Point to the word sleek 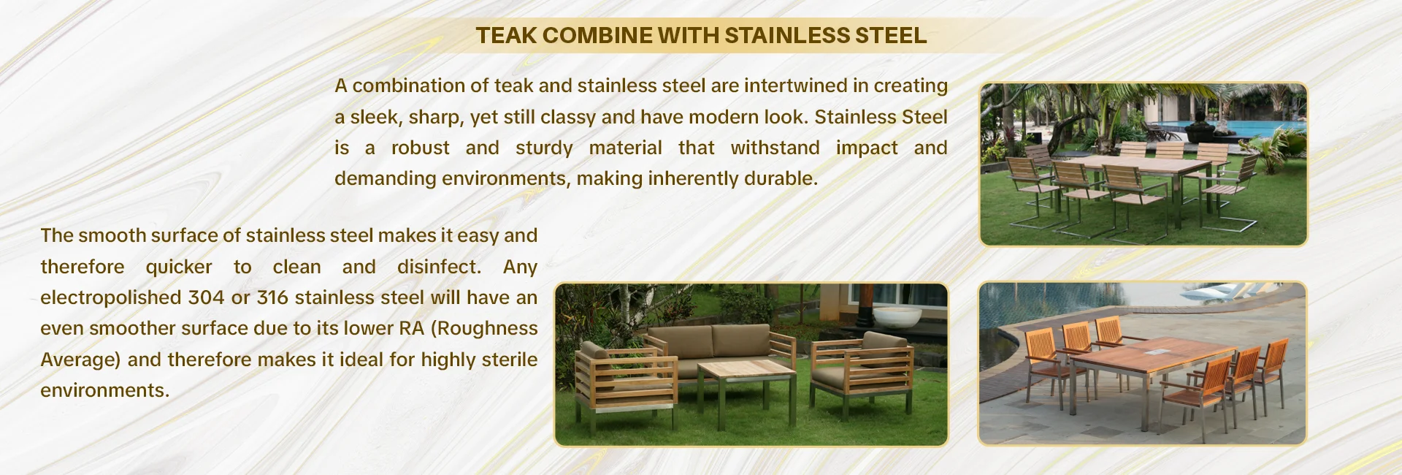click(375, 117)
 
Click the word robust click(421, 148)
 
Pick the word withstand click(775, 148)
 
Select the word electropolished click(112, 298)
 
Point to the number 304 click(207, 298)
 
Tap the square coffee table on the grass click(746, 380)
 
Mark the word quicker click(179, 267)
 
